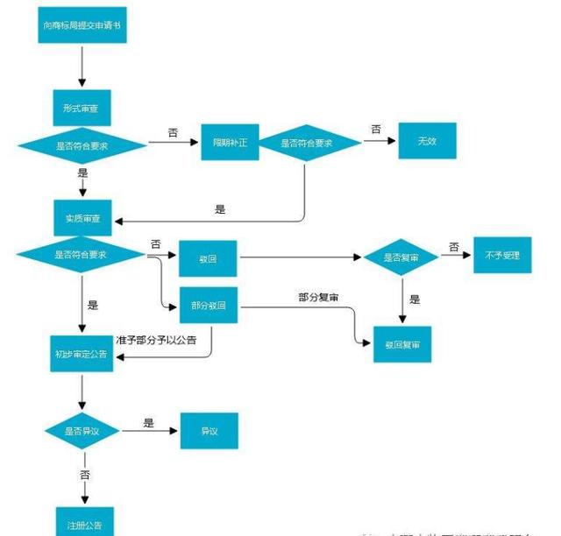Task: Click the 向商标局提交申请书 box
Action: [x=82, y=26]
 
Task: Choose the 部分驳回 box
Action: [x=208, y=305]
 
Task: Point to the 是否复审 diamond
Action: [x=401, y=257]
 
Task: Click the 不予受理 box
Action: [x=502, y=256]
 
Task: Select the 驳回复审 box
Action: [x=402, y=345]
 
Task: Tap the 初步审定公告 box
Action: [x=82, y=353]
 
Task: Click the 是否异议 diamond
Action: [x=82, y=431]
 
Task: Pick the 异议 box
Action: [x=209, y=431]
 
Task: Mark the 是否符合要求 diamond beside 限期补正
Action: [x=306, y=143]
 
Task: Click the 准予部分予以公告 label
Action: [x=156, y=340]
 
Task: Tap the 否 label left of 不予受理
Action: [x=454, y=248]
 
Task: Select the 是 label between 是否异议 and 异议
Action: [x=148, y=423]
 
